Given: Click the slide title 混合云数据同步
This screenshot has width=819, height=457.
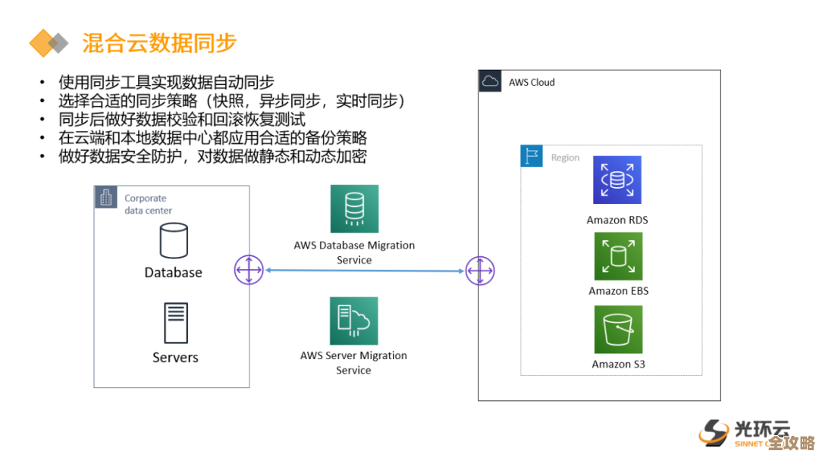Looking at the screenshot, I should tap(159, 42).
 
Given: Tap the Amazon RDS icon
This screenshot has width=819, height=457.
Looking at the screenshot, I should tap(617, 180).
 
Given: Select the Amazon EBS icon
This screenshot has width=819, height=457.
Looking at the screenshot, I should tap(618, 257).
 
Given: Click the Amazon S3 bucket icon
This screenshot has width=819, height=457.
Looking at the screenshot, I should tap(618, 330).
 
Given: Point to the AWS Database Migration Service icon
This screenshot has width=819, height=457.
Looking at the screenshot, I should tap(354, 208).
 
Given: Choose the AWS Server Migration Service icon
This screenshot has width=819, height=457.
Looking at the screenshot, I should tap(354, 321).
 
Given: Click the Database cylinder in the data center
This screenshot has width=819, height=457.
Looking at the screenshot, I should tap(174, 240).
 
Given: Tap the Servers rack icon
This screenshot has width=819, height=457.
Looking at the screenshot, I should tap(175, 323).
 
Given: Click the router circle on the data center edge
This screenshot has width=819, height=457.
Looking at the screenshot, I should tap(249, 271).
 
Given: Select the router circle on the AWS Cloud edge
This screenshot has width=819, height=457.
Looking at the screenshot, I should tap(479, 271).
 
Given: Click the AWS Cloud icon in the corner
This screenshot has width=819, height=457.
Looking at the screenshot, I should tap(491, 82).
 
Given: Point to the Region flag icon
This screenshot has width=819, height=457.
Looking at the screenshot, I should tap(532, 157).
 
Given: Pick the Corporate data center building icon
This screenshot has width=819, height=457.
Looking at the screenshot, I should tap(105, 198).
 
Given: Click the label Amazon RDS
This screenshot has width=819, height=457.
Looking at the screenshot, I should tap(617, 221).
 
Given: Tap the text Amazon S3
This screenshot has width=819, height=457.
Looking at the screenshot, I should tap(618, 365).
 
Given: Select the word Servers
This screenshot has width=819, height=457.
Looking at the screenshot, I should tap(175, 358).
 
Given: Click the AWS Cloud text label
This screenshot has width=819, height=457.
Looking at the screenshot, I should tap(532, 82).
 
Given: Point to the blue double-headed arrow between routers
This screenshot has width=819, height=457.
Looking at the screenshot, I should tap(364, 271).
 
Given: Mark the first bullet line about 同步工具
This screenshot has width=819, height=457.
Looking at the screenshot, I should tap(166, 83).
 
